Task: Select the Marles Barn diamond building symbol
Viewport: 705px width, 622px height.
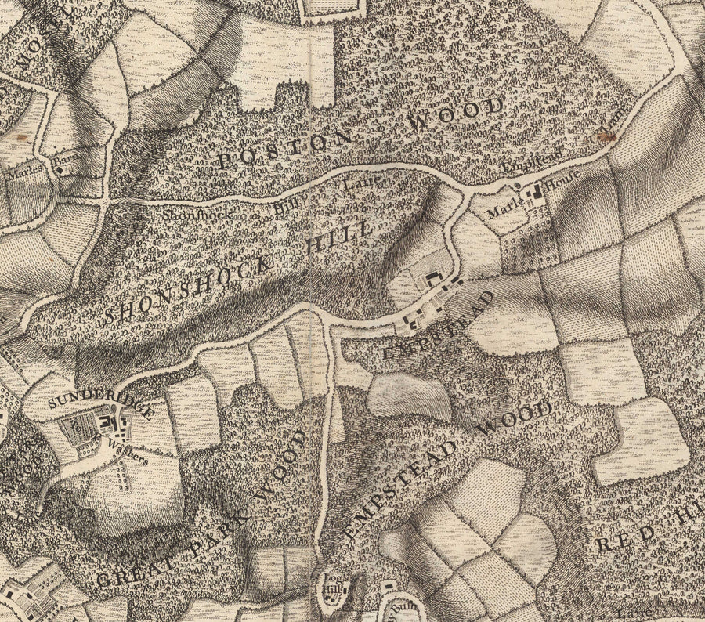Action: [x=60, y=166]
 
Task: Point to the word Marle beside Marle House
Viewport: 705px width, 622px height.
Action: [x=501, y=210]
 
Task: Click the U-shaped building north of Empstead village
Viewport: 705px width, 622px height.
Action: [x=432, y=278]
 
